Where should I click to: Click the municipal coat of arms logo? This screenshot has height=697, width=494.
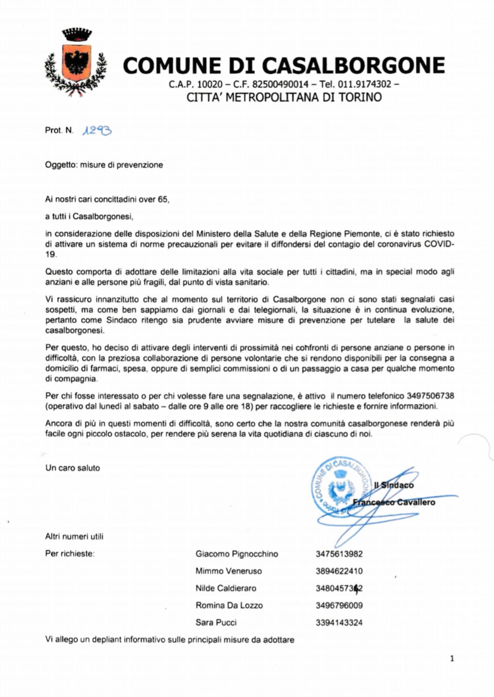click(76, 62)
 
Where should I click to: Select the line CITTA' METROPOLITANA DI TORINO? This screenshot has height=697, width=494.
click(284, 97)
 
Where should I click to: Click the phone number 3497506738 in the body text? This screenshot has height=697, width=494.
click(430, 396)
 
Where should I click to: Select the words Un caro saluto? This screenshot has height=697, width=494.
click(72, 468)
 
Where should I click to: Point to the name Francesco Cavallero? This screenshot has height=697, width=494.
click(394, 502)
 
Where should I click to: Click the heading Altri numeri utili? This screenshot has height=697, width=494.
click(74, 536)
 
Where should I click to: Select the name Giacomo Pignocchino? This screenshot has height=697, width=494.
click(237, 554)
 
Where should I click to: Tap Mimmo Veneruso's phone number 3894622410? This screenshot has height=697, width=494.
click(339, 571)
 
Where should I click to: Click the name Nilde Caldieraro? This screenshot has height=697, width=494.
click(226, 588)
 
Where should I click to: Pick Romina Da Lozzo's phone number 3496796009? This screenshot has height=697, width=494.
click(339, 605)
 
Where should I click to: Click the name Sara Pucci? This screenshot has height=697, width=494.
click(216, 622)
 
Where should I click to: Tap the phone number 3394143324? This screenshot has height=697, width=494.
click(339, 623)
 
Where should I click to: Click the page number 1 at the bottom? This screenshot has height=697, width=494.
click(452, 659)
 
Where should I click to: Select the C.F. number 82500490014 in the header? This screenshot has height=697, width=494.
click(280, 84)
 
